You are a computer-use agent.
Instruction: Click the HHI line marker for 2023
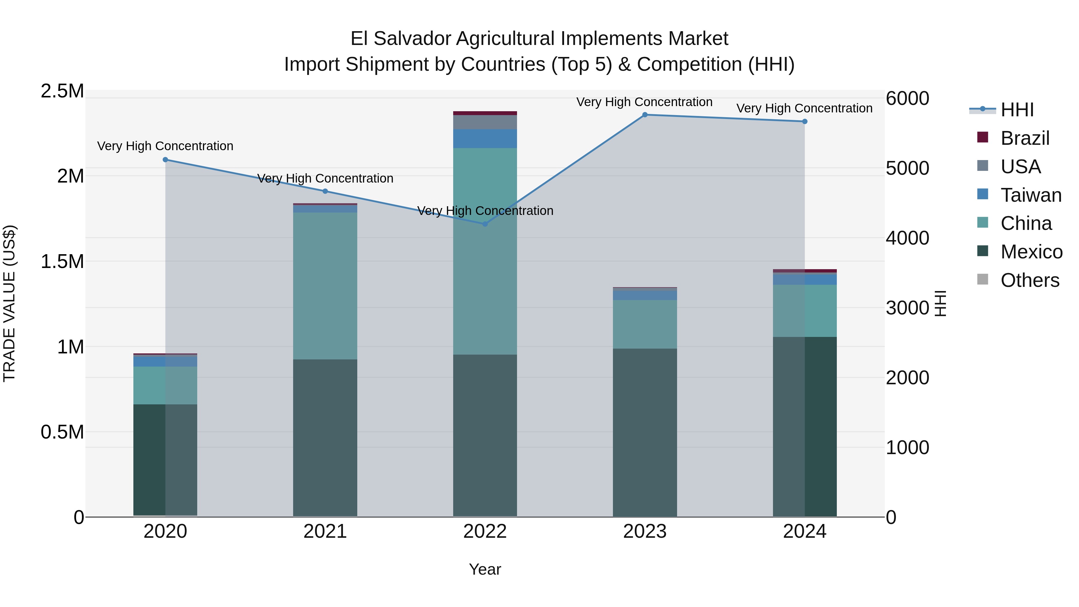coord(645,115)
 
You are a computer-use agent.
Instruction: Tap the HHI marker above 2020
coord(165,159)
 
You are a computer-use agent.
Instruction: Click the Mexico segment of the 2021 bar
coord(325,438)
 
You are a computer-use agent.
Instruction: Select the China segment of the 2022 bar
coord(485,251)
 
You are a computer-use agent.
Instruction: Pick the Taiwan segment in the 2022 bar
coord(485,139)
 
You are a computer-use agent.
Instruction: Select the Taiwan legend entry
coord(1030,195)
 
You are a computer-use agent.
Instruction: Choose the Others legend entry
coord(1029,280)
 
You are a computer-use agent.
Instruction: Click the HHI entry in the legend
coord(1017,110)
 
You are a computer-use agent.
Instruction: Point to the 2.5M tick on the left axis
coord(62,91)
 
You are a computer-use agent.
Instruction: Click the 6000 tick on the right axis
coord(907,99)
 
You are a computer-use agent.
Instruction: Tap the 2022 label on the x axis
coord(485,531)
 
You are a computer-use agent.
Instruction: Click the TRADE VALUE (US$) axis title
coord(10,303)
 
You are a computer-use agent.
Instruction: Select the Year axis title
coord(485,569)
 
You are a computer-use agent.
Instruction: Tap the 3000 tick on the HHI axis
coord(907,308)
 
